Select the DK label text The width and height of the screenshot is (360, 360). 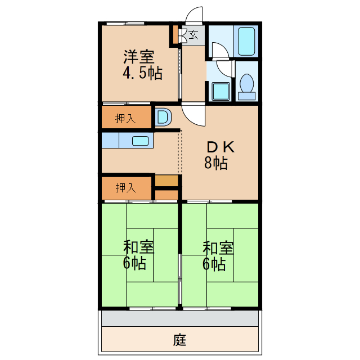point(216,147)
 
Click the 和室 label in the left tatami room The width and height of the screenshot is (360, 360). point(139,247)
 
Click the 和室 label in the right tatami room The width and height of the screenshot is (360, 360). point(218,247)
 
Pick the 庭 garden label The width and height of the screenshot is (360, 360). point(179,340)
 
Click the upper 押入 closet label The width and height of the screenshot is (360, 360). point(125,118)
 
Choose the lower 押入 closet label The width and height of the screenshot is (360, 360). point(125,188)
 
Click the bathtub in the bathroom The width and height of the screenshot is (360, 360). point(247,41)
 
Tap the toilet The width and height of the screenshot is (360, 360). point(247,85)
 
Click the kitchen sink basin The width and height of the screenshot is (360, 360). point(141,141)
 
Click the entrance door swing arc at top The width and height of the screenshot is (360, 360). point(195,15)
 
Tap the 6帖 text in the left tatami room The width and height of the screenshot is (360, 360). point(135,263)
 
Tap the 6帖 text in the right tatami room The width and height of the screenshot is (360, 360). point(215,263)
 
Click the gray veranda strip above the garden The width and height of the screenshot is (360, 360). point(180,318)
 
